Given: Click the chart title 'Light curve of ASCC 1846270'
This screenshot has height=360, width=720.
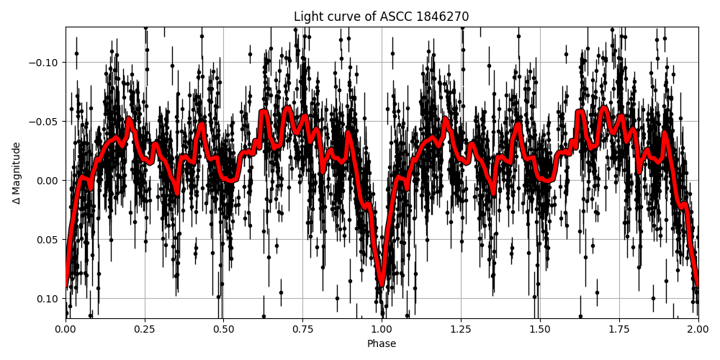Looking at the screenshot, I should (381, 17).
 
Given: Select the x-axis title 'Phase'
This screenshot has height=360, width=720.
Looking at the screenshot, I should (382, 344).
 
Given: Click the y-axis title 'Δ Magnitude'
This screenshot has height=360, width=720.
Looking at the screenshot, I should (17, 173).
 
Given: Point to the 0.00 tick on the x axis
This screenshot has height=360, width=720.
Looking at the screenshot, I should (66, 330).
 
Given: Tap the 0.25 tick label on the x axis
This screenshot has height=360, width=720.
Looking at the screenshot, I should (145, 330).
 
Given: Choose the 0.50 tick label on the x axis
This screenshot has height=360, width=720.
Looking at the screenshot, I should (223, 330).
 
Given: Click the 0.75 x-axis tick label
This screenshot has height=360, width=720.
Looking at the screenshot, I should (302, 330).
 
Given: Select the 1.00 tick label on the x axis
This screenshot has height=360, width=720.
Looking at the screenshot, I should (382, 330).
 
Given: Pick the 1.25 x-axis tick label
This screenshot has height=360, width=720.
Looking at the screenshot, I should (461, 330).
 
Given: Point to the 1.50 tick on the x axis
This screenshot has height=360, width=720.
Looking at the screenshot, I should (540, 330).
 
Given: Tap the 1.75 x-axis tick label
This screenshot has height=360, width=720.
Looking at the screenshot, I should (619, 330).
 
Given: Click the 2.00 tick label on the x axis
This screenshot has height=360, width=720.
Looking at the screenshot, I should (698, 330).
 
